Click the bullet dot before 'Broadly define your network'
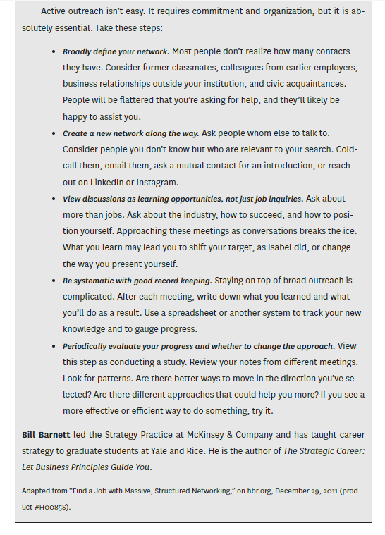coord(54,52)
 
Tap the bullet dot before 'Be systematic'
coord(54,281)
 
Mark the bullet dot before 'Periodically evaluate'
coord(54,346)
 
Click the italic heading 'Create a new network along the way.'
coord(130,133)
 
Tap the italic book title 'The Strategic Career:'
coord(324,450)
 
